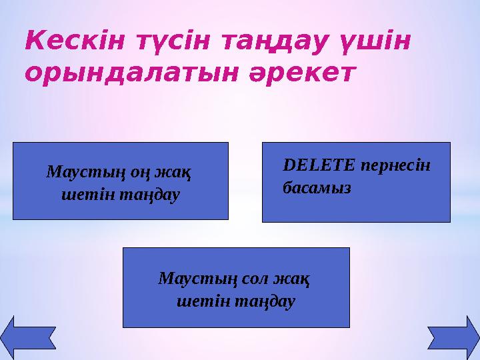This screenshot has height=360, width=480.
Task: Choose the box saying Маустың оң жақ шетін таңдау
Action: click(x=121, y=181)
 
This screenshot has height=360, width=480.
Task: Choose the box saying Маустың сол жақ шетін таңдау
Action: click(x=236, y=287)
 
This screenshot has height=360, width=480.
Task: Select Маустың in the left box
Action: click(x=84, y=173)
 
